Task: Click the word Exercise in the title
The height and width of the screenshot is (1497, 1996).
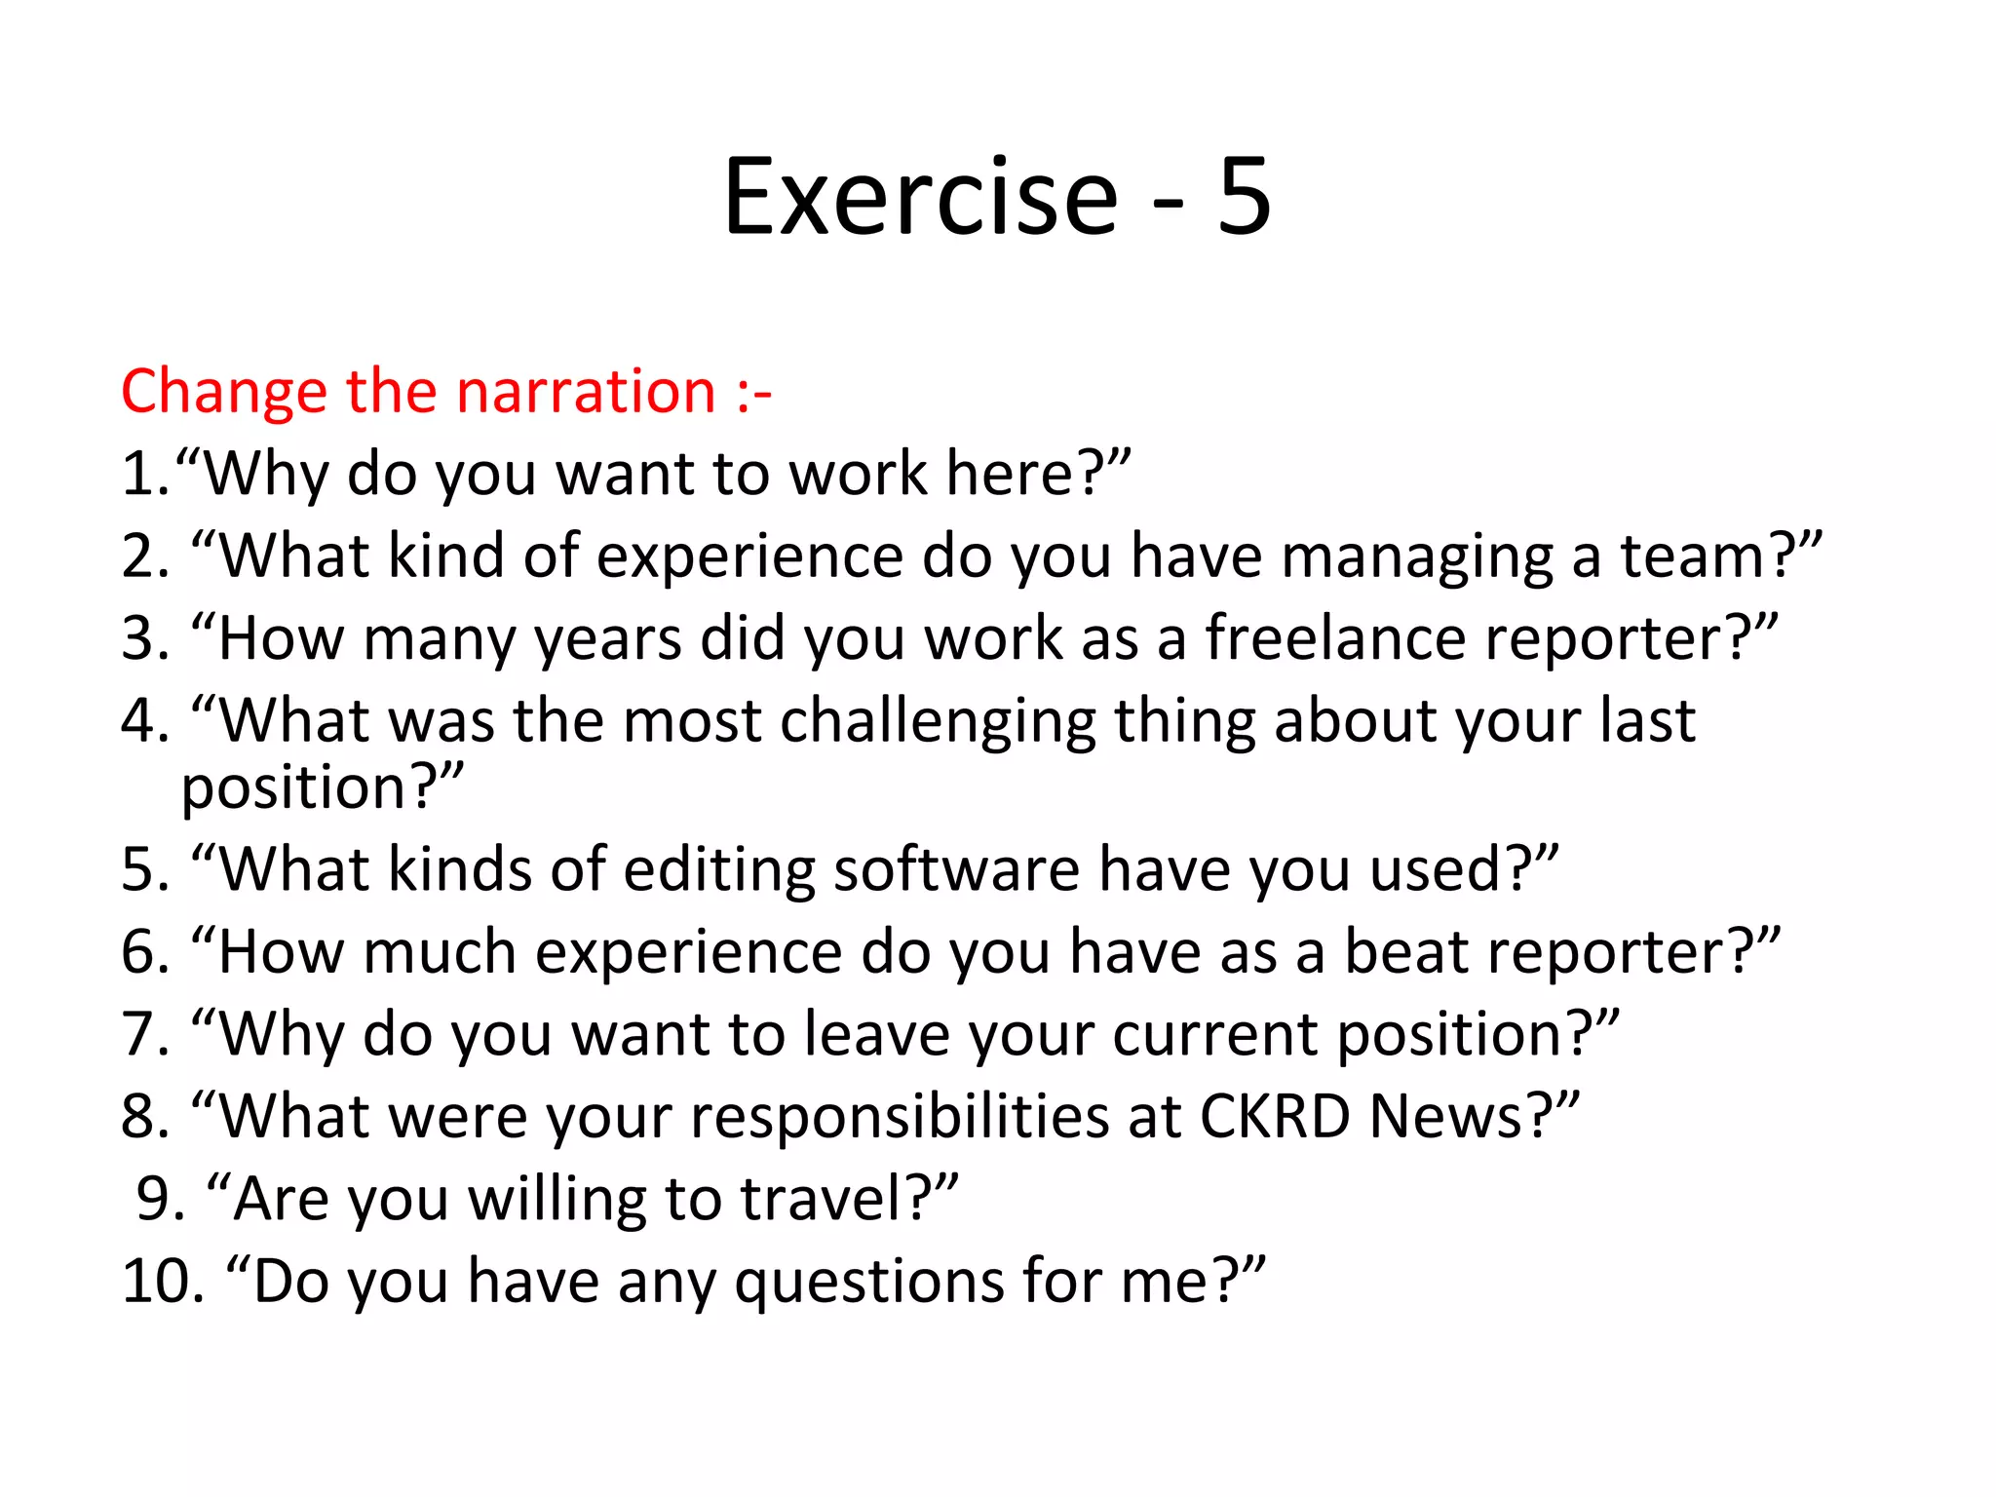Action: (920, 197)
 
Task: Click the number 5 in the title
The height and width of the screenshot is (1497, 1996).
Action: (1244, 197)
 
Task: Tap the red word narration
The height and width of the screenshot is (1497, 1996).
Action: (586, 392)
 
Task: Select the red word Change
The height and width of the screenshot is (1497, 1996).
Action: (224, 392)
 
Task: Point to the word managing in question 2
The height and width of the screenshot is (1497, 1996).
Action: (1417, 557)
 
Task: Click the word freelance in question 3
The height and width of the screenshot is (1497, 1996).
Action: (1335, 639)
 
